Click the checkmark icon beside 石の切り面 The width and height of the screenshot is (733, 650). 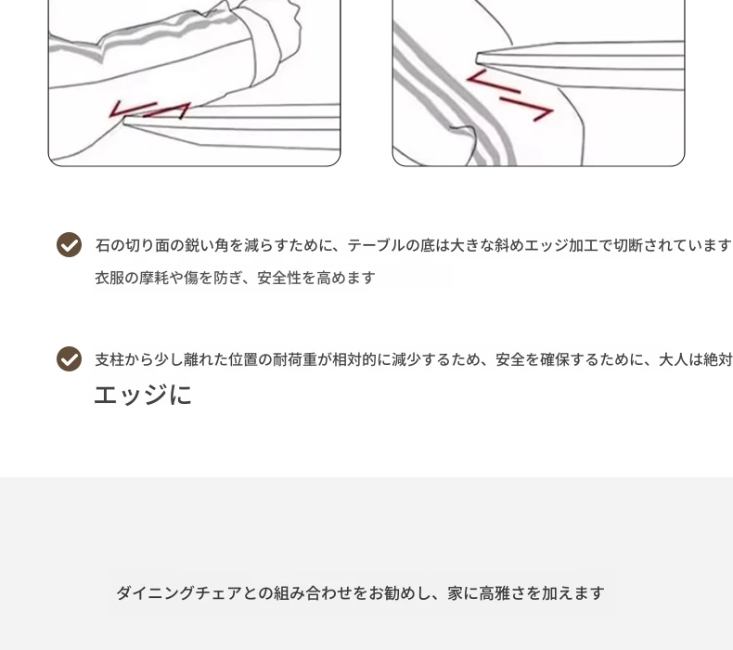click(x=70, y=245)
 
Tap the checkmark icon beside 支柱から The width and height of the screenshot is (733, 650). click(x=70, y=359)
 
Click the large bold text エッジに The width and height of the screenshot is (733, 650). click(x=143, y=395)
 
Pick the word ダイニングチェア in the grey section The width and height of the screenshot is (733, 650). click(x=179, y=593)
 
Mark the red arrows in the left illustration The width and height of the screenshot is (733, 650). click(x=149, y=110)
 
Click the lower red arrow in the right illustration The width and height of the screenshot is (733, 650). click(x=527, y=109)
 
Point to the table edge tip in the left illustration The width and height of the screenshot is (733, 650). click(x=124, y=122)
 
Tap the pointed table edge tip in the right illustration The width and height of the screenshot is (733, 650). click(x=477, y=58)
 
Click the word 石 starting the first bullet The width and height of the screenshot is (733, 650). click(x=103, y=245)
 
